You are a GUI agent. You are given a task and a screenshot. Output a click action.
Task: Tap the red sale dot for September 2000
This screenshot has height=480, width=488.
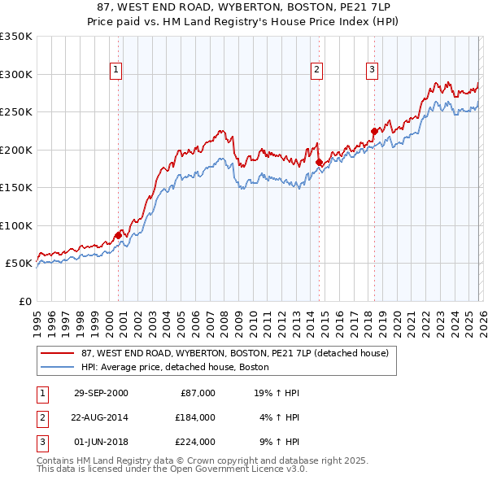click(119, 235)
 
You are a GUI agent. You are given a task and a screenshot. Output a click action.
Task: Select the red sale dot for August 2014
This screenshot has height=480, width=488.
click(319, 162)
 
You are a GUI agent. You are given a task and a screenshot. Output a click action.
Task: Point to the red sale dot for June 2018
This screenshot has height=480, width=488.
click(374, 131)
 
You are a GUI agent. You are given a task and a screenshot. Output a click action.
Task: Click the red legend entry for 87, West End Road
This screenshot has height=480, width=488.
click(235, 353)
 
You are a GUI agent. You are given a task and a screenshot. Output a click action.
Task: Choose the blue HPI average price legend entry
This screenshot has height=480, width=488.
click(175, 367)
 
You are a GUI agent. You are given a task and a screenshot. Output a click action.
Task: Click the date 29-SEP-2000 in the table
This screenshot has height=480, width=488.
click(101, 393)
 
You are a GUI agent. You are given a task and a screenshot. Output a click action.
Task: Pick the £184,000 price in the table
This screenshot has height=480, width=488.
click(196, 417)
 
